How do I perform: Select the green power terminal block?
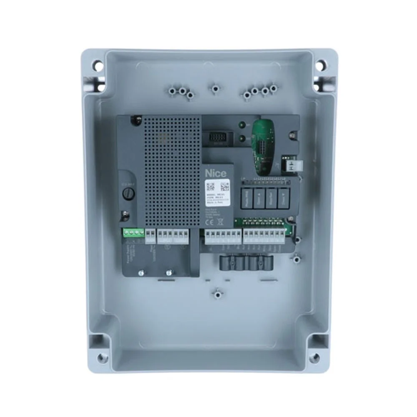[x=133, y=235]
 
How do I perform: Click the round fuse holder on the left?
[x=128, y=193]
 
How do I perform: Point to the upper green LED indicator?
[x=241, y=125]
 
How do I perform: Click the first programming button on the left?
[x=247, y=197]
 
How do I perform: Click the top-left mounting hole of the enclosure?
[x=97, y=65]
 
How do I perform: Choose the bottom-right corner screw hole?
[x=316, y=357]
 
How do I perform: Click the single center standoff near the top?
[x=214, y=88]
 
